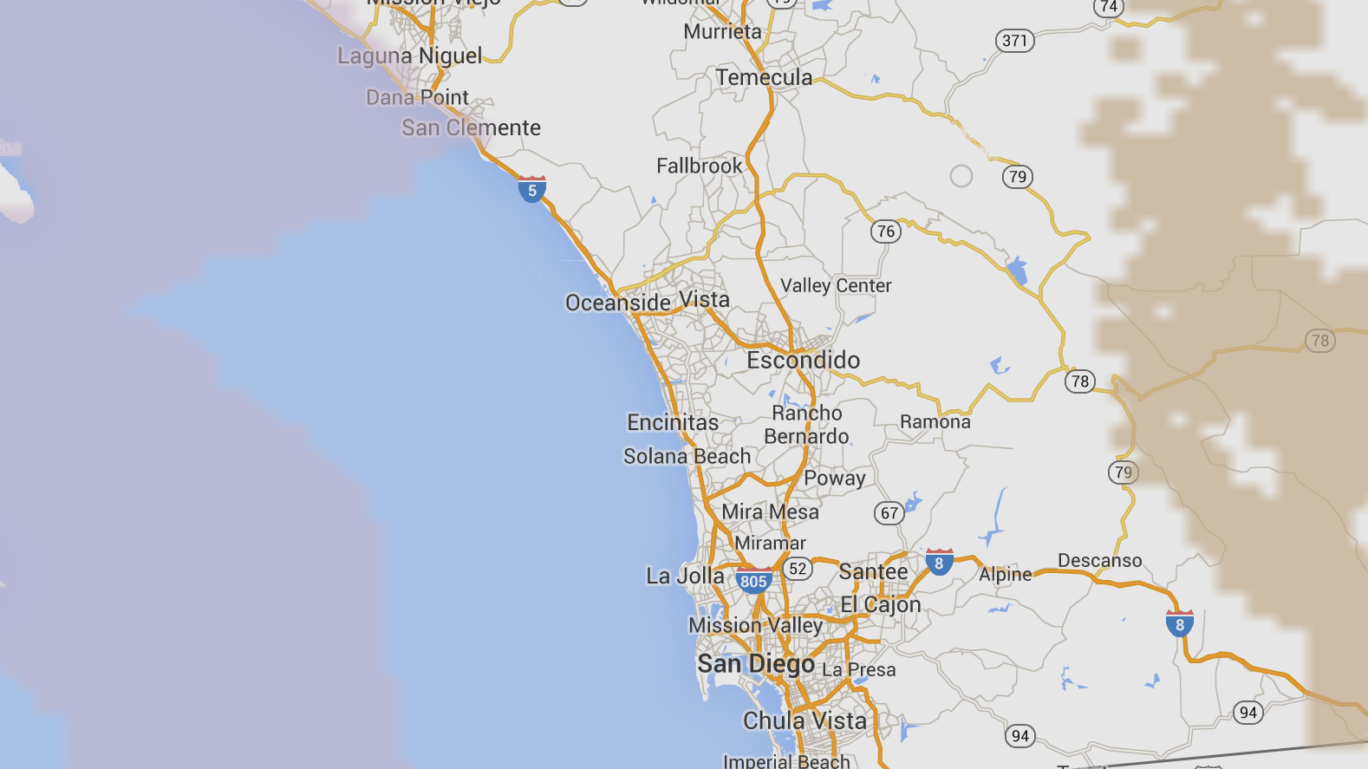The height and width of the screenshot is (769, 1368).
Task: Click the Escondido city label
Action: tap(803, 360)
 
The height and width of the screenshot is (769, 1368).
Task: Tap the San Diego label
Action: tap(756, 664)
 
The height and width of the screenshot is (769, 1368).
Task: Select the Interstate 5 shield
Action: tap(531, 190)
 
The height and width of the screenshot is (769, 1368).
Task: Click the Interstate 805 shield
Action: tap(753, 581)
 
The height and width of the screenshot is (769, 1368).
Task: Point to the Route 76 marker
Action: tap(885, 231)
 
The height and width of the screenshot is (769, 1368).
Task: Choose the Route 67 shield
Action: tap(889, 513)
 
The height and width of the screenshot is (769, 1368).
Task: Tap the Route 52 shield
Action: tap(797, 569)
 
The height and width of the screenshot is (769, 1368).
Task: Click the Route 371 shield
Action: tap(1014, 41)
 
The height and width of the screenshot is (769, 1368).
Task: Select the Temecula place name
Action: tap(764, 78)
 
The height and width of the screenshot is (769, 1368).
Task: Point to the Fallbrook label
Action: tap(699, 166)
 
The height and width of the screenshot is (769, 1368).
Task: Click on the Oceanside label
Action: tap(617, 303)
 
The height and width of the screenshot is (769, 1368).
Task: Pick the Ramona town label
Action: tap(935, 422)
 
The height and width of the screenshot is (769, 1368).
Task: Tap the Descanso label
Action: tap(1099, 561)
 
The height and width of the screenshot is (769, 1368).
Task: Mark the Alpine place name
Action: tap(1005, 574)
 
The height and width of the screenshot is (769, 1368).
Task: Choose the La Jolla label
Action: tap(685, 576)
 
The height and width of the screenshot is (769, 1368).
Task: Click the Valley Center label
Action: tap(835, 285)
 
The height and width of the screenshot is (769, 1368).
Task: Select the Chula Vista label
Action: tap(805, 720)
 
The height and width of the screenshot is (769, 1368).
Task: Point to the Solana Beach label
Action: tap(687, 456)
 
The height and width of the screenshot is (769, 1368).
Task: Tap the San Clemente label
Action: tap(471, 128)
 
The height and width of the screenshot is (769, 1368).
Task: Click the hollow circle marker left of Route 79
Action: tap(961, 176)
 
